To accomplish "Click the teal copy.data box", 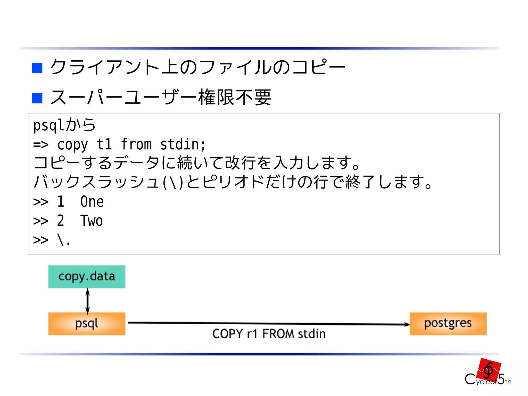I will coord(87,277).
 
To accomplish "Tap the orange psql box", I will coord(87,324).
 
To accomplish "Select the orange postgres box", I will coord(448,324).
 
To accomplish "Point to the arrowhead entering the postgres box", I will coord(407,325).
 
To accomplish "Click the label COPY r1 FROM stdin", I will coord(269,334).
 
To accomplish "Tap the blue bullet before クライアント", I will coord(37,68).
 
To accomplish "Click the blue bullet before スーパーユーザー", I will coord(37,98).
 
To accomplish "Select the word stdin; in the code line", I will coord(183,144).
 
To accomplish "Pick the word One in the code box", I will coord(92,201).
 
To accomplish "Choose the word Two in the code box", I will coord(92,221).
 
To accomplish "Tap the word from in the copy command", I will coord(136,144).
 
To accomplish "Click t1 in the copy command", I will coord(104,144).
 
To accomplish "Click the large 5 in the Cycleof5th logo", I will coord(501,379).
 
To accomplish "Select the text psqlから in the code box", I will coord(64,125).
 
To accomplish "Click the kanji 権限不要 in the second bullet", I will coord(235,98).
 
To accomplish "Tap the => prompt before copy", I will coord(41,144).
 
